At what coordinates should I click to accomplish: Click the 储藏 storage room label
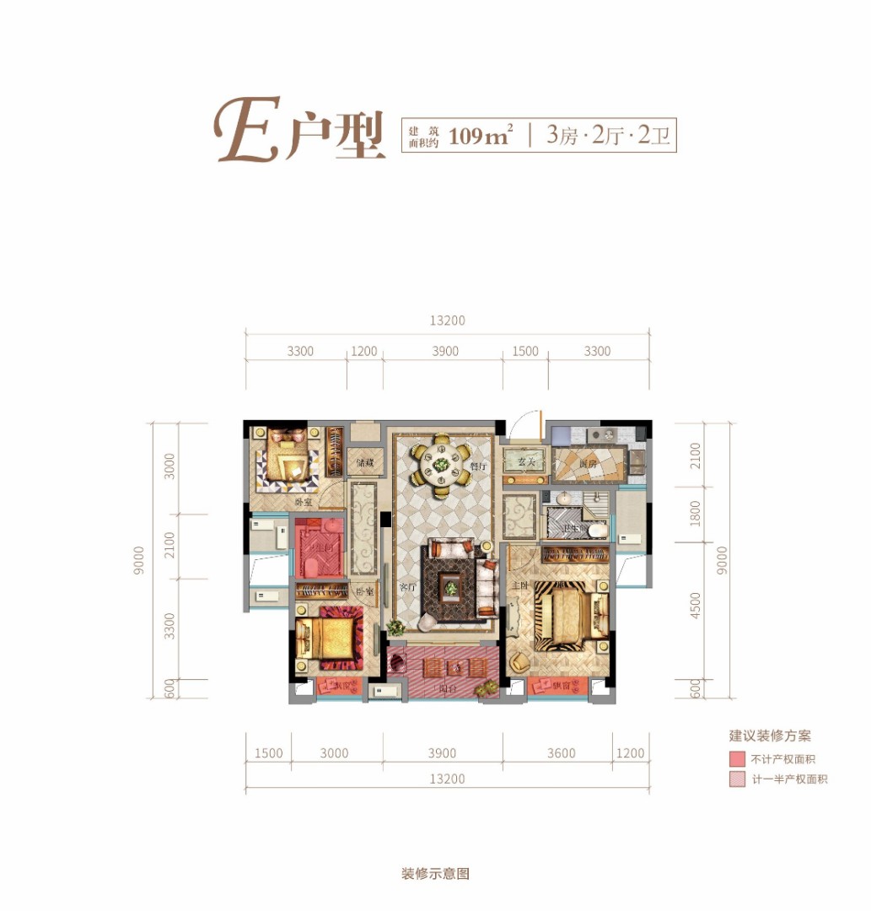(x=364, y=462)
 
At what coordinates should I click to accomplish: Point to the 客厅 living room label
(x=407, y=587)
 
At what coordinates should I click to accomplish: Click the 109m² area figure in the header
(x=481, y=134)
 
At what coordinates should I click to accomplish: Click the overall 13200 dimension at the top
(x=447, y=321)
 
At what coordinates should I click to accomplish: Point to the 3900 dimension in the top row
(x=445, y=351)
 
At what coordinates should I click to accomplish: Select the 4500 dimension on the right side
(x=695, y=606)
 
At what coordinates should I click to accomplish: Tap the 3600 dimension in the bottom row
(x=560, y=753)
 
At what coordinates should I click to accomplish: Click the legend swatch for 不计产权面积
(x=737, y=759)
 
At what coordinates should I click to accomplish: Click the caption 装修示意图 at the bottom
(x=435, y=874)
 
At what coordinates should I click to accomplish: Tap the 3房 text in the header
(x=562, y=134)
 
